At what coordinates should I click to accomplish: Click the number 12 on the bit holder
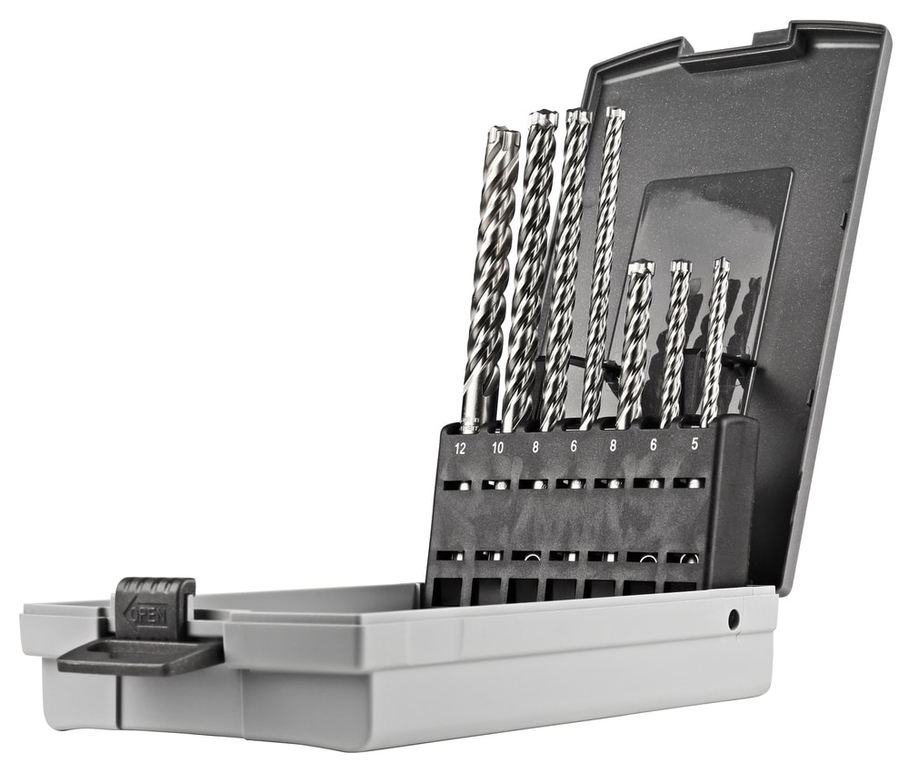pyautogui.click(x=460, y=449)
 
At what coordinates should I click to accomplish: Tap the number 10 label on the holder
pyautogui.click(x=497, y=449)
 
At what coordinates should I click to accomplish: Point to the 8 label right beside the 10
pyautogui.click(x=536, y=448)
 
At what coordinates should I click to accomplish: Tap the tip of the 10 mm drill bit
pyautogui.click(x=543, y=118)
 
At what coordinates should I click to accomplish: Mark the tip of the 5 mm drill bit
pyautogui.click(x=721, y=265)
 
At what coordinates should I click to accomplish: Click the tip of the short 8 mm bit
pyautogui.click(x=641, y=268)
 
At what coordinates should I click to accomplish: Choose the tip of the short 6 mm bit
pyautogui.click(x=681, y=267)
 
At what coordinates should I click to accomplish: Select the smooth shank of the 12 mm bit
pyautogui.click(x=473, y=400)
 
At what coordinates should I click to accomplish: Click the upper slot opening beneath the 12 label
pyautogui.click(x=456, y=486)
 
